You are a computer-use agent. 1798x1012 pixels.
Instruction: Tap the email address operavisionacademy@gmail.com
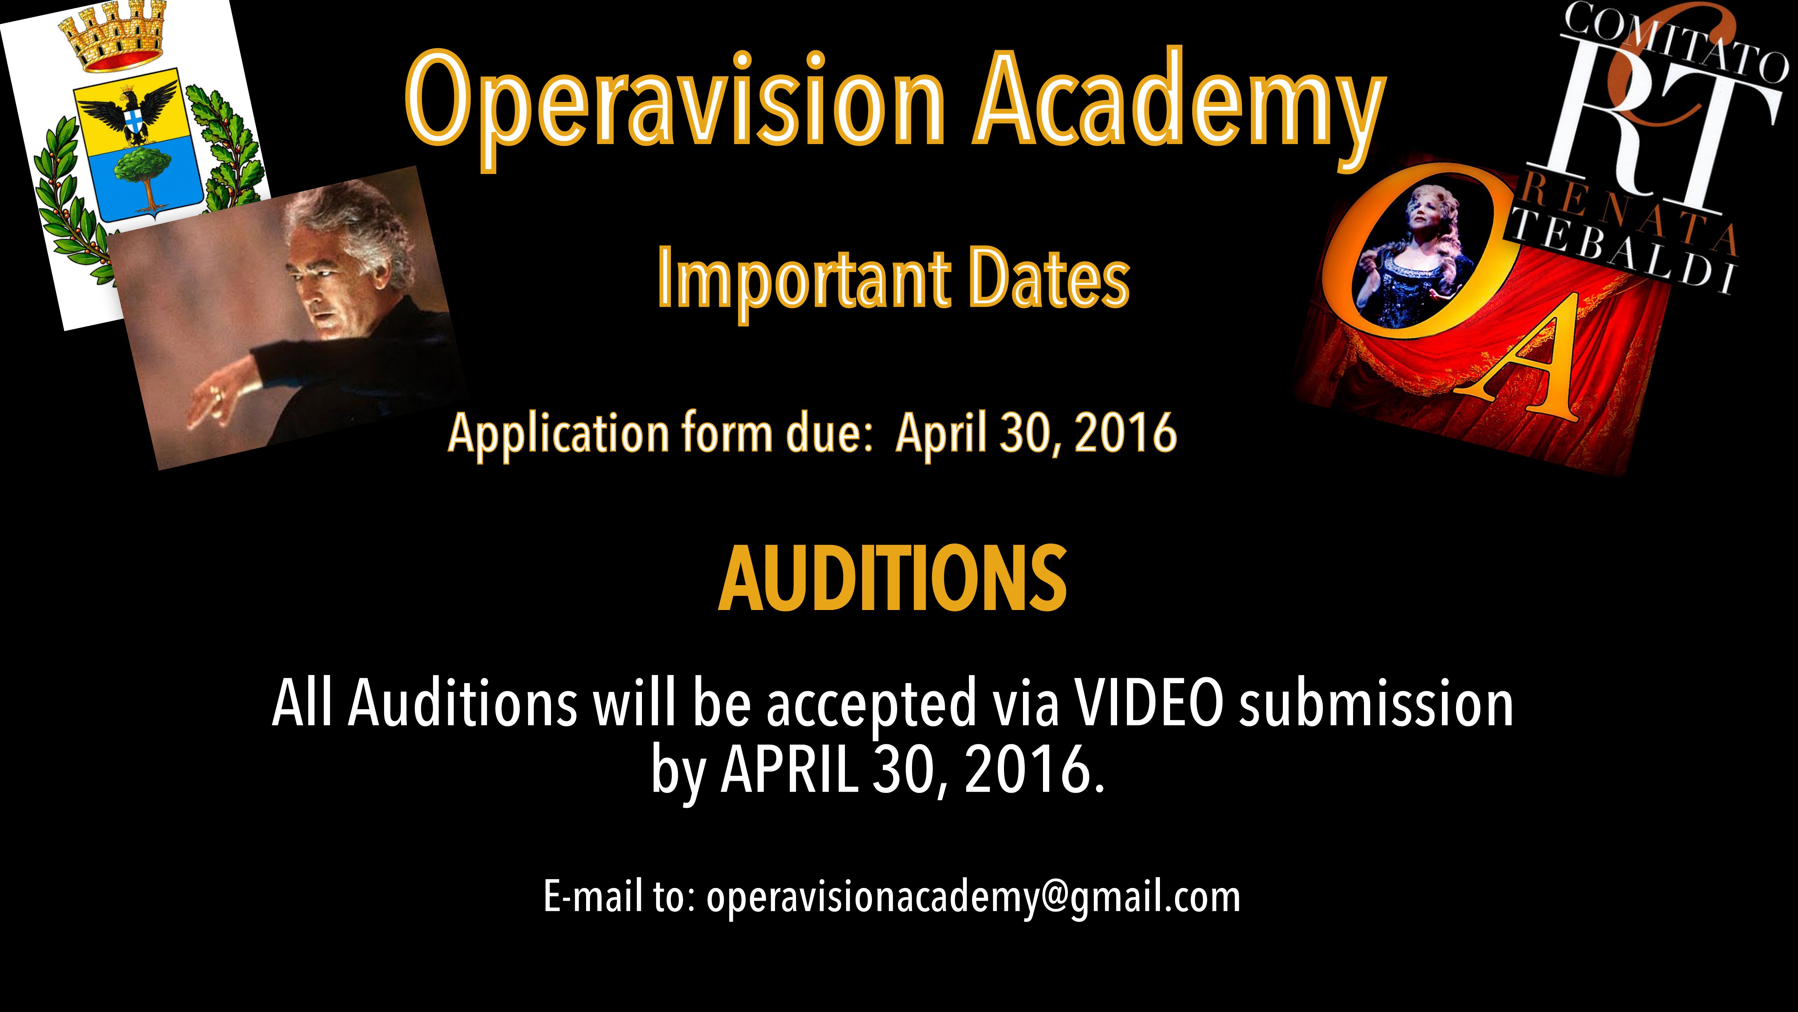pos(974,897)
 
